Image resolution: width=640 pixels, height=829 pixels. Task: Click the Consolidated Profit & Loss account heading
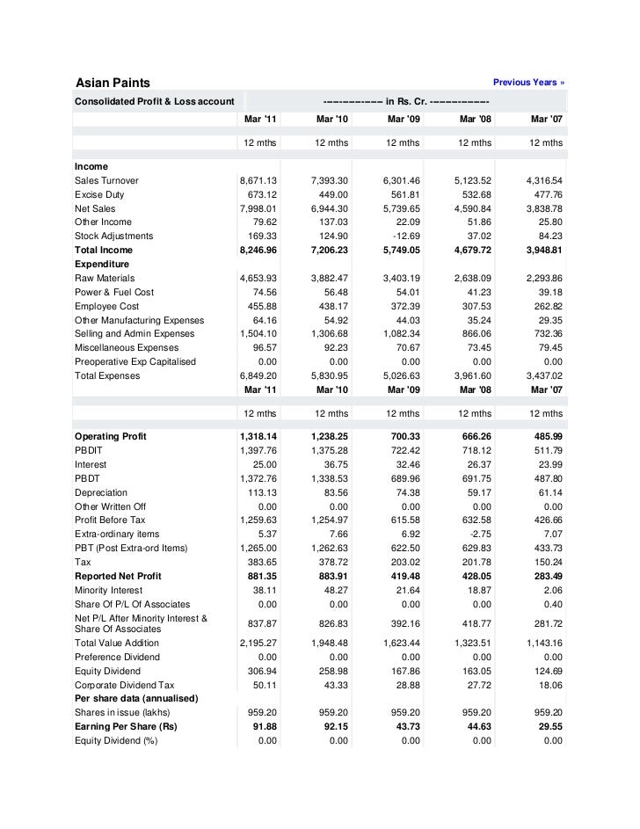154,100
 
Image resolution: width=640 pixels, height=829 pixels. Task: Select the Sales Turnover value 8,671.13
258,180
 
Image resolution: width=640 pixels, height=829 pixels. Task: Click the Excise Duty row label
99,194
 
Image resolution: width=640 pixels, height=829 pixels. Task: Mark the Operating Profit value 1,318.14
258,436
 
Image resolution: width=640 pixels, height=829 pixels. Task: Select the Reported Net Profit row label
118,576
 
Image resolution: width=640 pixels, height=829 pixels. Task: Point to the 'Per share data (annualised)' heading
135,698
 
